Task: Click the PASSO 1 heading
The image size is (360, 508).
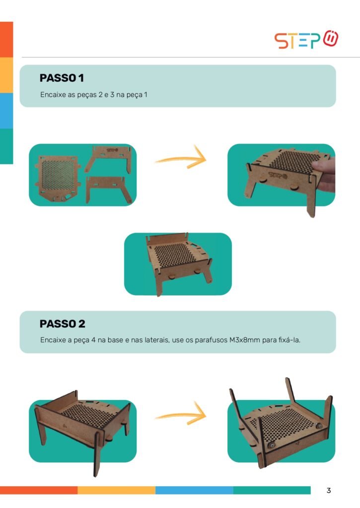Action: [62, 78]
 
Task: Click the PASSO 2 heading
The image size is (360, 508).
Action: [62, 323]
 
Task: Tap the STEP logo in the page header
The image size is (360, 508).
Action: [306, 40]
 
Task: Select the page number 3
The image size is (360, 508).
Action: [329, 491]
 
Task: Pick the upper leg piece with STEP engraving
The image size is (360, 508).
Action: [108, 158]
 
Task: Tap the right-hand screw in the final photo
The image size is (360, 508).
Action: [318, 426]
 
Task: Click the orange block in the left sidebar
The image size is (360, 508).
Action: [6, 40]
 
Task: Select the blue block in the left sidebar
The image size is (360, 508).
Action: [6, 111]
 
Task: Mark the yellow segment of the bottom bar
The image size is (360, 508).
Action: [116, 490]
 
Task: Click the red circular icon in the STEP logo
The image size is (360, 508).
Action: [331, 39]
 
